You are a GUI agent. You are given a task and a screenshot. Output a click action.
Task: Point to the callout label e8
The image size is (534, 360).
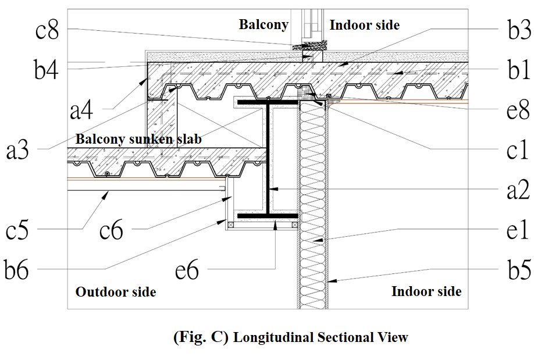coord(515,110)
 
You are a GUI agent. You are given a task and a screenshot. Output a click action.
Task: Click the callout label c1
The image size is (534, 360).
coord(515,149)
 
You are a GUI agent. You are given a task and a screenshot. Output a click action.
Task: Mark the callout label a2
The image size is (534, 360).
coord(515,189)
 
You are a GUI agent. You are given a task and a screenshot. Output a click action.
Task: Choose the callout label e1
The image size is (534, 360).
coord(515,230)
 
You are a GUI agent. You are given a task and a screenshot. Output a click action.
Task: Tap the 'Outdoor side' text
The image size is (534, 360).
coord(116,291)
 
